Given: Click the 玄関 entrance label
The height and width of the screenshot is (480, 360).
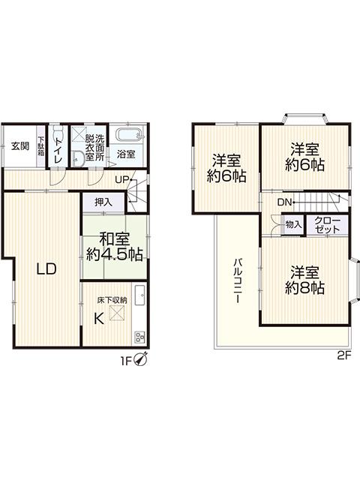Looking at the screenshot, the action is click(x=20, y=146).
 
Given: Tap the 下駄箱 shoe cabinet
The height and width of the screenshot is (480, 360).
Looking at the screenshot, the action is click(x=41, y=146).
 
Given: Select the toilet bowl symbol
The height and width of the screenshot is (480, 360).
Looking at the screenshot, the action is click(x=57, y=132).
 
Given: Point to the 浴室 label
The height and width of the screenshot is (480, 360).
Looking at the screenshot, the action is click(x=126, y=154).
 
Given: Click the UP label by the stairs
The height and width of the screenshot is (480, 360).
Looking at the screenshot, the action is click(x=121, y=180).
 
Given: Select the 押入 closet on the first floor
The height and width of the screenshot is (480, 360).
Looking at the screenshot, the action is click(x=103, y=202).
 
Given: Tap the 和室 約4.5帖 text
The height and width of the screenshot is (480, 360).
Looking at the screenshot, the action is click(x=115, y=247).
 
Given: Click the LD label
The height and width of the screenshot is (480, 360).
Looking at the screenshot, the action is click(x=46, y=269).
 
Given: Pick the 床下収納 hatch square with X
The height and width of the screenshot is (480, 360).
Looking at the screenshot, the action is click(x=116, y=313).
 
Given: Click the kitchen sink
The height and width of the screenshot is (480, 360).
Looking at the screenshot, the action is click(x=139, y=295).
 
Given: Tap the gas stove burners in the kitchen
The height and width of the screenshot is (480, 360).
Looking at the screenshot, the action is click(x=139, y=337).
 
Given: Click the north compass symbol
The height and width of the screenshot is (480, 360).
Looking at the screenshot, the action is click(x=142, y=359).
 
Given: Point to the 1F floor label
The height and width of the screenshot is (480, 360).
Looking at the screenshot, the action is click(x=126, y=361).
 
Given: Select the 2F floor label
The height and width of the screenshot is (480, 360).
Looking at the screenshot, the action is click(x=343, y=356).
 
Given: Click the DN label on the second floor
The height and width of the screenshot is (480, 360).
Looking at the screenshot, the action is click(x=284, y=202).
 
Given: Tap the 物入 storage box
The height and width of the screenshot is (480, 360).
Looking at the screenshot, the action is click(x=293, y=225).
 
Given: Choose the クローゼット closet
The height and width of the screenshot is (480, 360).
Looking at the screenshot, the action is click(x=328, y=225).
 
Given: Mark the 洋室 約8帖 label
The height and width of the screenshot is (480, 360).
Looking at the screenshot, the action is click(x=304, y=280).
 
